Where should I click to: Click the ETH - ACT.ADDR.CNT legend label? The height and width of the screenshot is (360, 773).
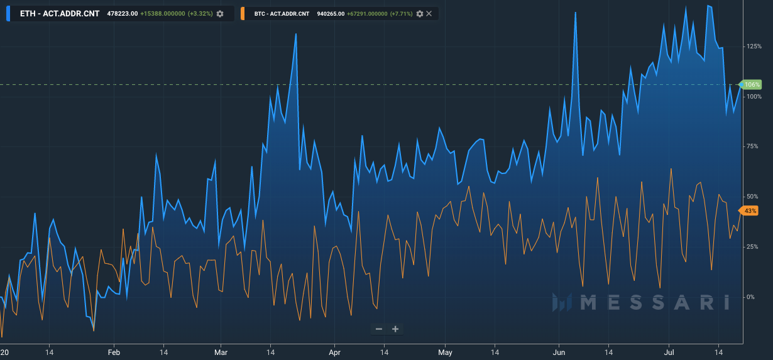click(60, 14)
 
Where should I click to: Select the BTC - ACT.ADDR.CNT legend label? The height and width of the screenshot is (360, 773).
click(282, 14)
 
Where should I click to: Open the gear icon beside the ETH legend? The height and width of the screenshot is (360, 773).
click(220, 14)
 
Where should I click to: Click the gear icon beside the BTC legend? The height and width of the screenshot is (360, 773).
click(420, 14)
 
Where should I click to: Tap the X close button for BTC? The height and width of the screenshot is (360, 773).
click(429, 13)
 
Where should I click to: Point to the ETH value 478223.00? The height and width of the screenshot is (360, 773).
click(123, 14)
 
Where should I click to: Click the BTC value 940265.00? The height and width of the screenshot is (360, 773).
click(331, 14)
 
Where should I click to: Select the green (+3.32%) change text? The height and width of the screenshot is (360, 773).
click(200, 14)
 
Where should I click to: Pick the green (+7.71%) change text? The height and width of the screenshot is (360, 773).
click(402, 14)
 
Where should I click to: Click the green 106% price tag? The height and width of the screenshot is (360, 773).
click(750, 84)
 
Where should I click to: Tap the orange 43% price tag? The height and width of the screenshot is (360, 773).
click(749, 210)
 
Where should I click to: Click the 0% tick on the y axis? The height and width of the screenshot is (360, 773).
click(750, 297)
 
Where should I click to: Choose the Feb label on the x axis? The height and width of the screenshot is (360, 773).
click(114, 352)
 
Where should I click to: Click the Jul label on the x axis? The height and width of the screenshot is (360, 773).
click(669, 352)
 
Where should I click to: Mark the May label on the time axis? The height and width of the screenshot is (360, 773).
click(445, 352)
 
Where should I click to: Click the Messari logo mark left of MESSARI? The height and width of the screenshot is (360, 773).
click(562, 302)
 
